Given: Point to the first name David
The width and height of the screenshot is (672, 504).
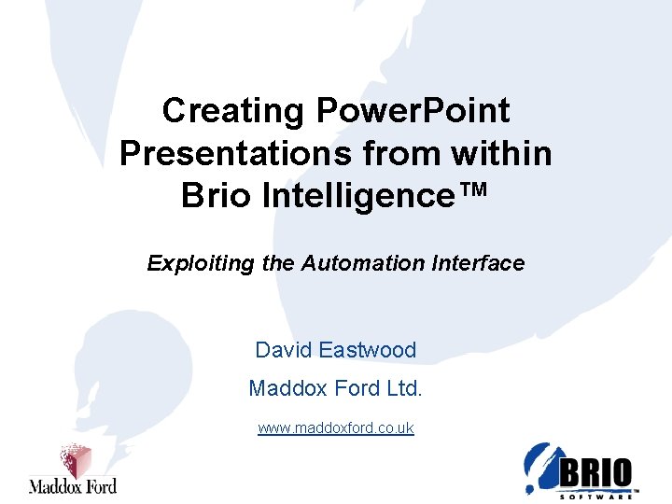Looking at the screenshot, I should [x=283, y=351].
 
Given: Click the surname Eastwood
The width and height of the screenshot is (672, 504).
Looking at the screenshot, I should [x=367, y=351].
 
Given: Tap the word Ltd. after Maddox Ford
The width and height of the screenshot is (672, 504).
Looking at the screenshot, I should [x=403, y=387].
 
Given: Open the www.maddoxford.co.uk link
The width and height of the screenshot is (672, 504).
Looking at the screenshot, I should [x=336, y=428].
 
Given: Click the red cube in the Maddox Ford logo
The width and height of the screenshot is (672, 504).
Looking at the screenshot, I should [x=75, y=460].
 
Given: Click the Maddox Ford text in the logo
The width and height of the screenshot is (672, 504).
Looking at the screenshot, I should [x=72, y=485].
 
